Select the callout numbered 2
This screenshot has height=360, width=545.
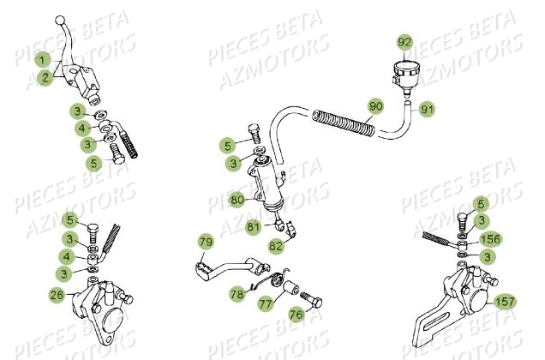pos(42,77)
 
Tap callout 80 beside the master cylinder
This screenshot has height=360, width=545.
pos(237,201)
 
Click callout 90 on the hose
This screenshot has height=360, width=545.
pos(374,107)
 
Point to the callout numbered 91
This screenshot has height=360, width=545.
pos(428,109)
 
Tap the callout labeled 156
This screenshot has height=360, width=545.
pos(491,239)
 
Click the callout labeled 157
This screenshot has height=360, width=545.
pos(505,302)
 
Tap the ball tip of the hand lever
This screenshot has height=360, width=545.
pos(59,19)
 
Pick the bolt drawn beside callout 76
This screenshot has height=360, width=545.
pos(309,301)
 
